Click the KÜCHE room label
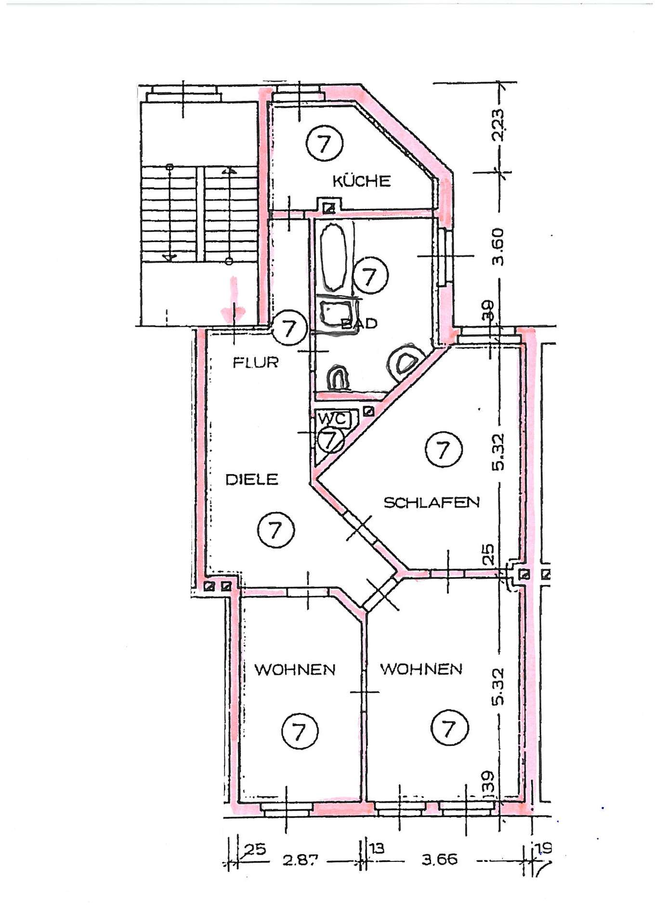361,181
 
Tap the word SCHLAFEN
432,502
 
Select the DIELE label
252,479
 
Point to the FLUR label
255,362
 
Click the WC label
332,419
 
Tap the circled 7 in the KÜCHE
325,143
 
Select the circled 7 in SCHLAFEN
443,449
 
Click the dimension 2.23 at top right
498,125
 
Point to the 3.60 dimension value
498,246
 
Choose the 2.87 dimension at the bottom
300,860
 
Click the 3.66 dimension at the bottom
439,859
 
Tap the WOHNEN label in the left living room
295,669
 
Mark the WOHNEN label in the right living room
421,669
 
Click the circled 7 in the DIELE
275,530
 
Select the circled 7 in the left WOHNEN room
300,731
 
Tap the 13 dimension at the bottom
377,847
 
